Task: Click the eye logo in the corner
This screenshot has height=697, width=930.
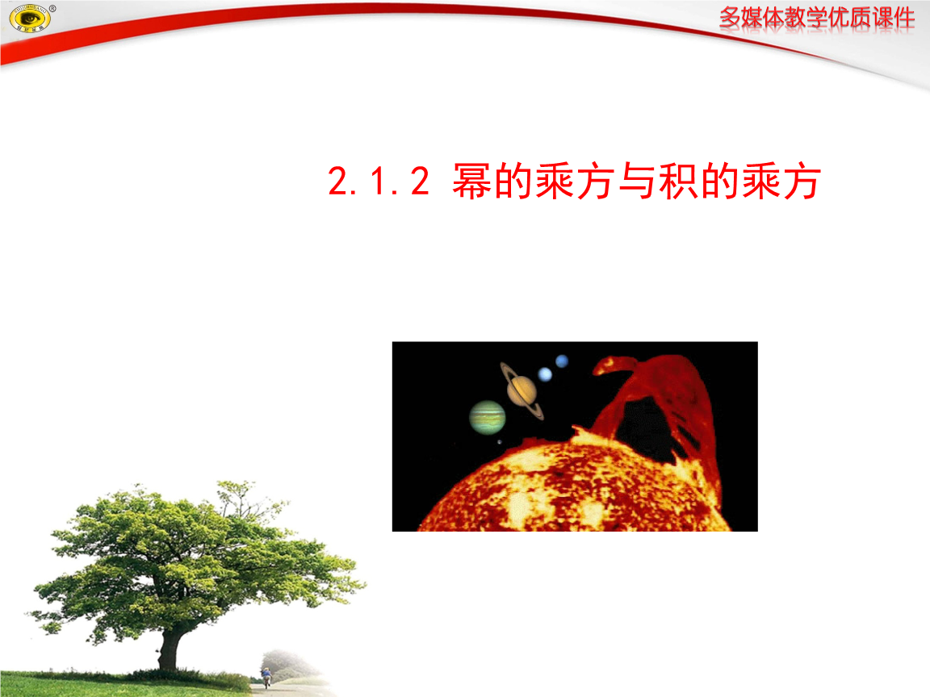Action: pos(28,18)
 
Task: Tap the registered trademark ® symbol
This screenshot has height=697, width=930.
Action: pos(52,8)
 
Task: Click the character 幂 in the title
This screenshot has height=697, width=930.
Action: pos(470,182)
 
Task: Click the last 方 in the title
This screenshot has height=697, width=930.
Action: pos(802,182)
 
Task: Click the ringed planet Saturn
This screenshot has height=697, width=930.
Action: pos(522,390)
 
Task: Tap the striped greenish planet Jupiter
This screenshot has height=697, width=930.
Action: pos(488,417)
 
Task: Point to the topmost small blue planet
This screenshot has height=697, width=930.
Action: pos(562,361)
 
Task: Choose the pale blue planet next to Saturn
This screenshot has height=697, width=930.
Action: pos(545,374)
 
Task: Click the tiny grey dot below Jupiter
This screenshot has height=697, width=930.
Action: pos(499,441)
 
